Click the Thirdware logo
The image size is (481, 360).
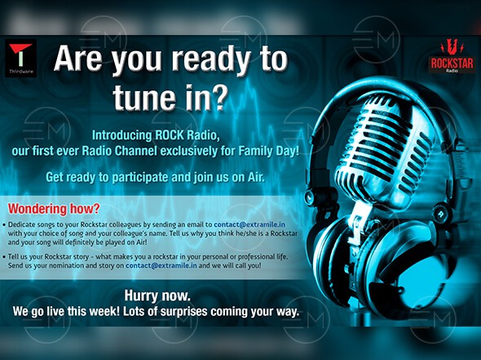click(20, 58)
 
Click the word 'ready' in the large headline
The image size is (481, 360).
click(210, 59)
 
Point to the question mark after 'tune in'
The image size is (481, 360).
click(220, 96)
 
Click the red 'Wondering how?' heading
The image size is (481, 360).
click(54, 209)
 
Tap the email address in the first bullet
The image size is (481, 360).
click(249, 224)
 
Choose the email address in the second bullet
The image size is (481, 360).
click(161, 266)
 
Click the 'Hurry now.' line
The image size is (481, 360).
click(157, 296)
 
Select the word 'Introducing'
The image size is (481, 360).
click(121, 135)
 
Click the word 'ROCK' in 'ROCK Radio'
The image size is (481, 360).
click(168, 135)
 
